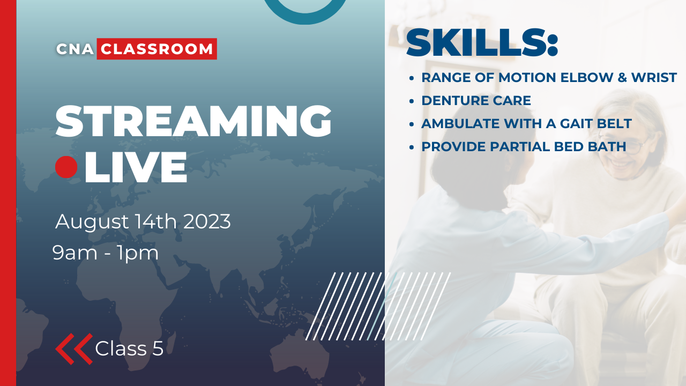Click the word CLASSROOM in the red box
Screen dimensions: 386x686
[x=156, y=49]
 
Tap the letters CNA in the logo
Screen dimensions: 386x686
[x=75, y=49]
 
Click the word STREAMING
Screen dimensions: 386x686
[x=193, y=122]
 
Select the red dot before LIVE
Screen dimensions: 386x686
[x=66, y=167]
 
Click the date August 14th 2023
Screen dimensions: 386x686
[x=143, y=221]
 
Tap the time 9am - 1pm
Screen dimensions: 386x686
[x=106, y=253]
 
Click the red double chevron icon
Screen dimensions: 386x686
[x=74, y=348]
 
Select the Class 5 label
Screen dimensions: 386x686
[x=129, y=348]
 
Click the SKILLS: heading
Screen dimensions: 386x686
[x=482, y=43]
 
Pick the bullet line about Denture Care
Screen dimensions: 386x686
[x=476, y=100]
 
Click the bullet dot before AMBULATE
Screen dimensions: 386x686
[x=411, y=124]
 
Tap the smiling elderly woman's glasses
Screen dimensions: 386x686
[x=632, y=146]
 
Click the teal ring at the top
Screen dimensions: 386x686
[x=306, y=11]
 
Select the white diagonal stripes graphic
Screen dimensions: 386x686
[x=378, y=306]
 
